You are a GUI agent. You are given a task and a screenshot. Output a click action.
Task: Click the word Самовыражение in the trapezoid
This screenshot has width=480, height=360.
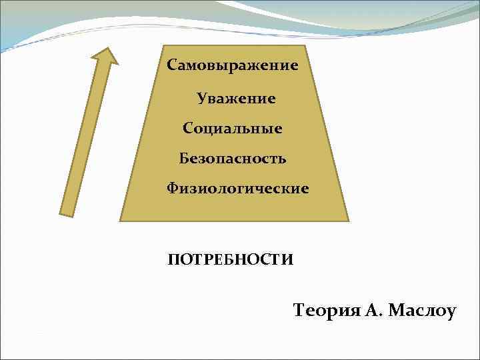point(232,66)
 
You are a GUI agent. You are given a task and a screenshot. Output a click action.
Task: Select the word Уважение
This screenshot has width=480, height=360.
point(236,99)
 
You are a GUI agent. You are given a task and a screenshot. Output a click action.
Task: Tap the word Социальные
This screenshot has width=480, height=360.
point(232,127)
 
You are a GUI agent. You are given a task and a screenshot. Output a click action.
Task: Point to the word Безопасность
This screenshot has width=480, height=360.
point(233,158)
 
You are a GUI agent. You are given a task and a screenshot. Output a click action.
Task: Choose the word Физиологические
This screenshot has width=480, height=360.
point(238,189)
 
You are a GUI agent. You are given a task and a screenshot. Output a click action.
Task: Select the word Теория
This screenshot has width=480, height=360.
point(325,310)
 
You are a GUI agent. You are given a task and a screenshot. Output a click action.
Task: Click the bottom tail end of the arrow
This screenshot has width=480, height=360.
point(67,213)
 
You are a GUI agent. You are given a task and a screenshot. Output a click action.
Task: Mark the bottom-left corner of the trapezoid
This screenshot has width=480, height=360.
point(121,220)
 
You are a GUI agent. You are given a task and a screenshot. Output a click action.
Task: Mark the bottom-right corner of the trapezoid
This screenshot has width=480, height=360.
point(348,220)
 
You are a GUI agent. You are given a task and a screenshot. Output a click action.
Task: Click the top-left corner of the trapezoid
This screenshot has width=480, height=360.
point(162,46)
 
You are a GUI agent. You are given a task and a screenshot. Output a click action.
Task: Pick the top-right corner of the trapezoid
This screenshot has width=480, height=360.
point(305,46)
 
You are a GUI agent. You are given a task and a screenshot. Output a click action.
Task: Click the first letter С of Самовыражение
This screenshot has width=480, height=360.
point(171,66)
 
